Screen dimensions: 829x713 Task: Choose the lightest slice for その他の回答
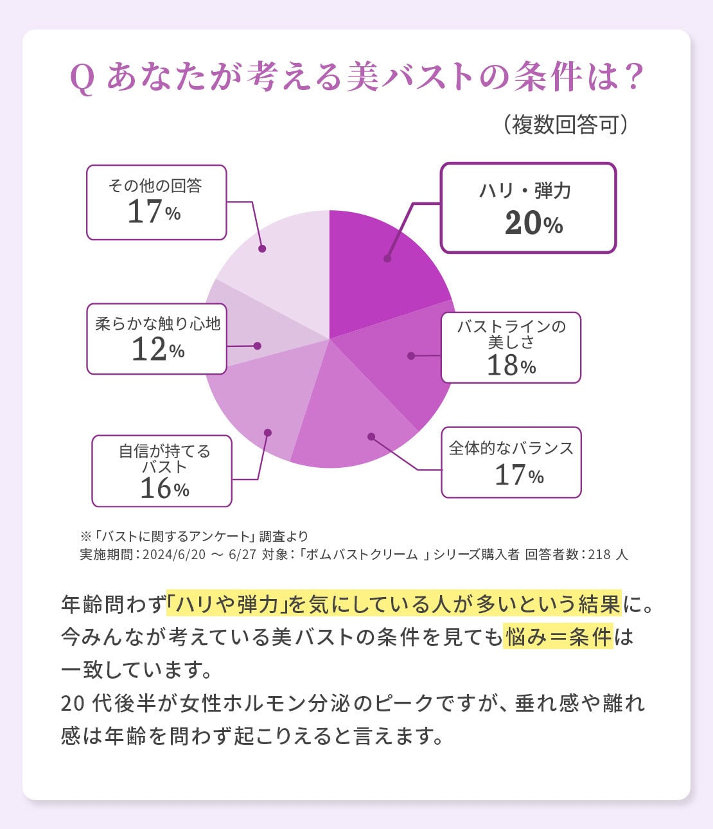283,263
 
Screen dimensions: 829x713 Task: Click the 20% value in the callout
533,224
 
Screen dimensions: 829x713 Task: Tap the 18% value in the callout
511,366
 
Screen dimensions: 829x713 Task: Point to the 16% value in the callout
164,489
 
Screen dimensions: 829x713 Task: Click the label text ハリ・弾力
525,191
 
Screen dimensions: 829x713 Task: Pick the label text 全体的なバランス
511,448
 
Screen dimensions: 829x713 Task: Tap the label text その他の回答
155,186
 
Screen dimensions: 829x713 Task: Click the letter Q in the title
82,78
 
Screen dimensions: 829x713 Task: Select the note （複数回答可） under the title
565,125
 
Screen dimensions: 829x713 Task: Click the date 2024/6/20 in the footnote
173,555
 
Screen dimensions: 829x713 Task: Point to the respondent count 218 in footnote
598,555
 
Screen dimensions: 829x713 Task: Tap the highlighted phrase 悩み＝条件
558,637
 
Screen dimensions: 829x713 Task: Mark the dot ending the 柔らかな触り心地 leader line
257,346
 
